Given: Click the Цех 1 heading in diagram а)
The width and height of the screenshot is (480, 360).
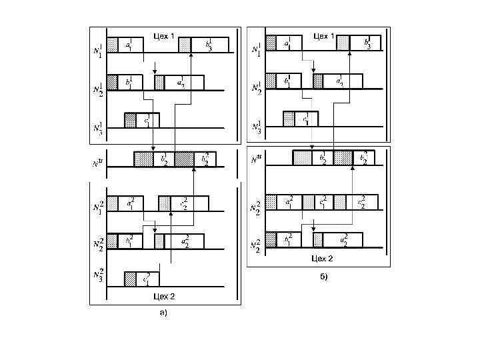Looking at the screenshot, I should point(164,35).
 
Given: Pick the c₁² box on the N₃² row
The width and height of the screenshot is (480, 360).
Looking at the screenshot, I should point(147,278).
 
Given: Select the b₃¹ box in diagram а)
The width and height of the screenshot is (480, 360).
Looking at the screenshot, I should point(209,45).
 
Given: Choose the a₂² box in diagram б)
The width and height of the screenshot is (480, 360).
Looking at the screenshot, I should point(343,240).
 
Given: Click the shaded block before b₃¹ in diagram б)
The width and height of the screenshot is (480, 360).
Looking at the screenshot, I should point(343,43).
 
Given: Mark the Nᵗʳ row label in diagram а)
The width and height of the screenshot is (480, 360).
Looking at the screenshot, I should point(99,160).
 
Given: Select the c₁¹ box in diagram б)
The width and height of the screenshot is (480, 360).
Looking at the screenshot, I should point(306,119).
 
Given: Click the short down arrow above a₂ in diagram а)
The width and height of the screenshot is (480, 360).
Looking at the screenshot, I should point(155,69).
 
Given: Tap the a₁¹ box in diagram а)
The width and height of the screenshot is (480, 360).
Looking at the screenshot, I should point(130,45).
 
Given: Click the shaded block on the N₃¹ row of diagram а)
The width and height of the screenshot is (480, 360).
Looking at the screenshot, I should point(129,119).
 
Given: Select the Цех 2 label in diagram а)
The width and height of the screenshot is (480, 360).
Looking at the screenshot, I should point(164,295).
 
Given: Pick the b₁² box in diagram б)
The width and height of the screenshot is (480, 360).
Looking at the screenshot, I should point(287,240).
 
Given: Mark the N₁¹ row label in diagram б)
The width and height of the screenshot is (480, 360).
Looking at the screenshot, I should point(256,48).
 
